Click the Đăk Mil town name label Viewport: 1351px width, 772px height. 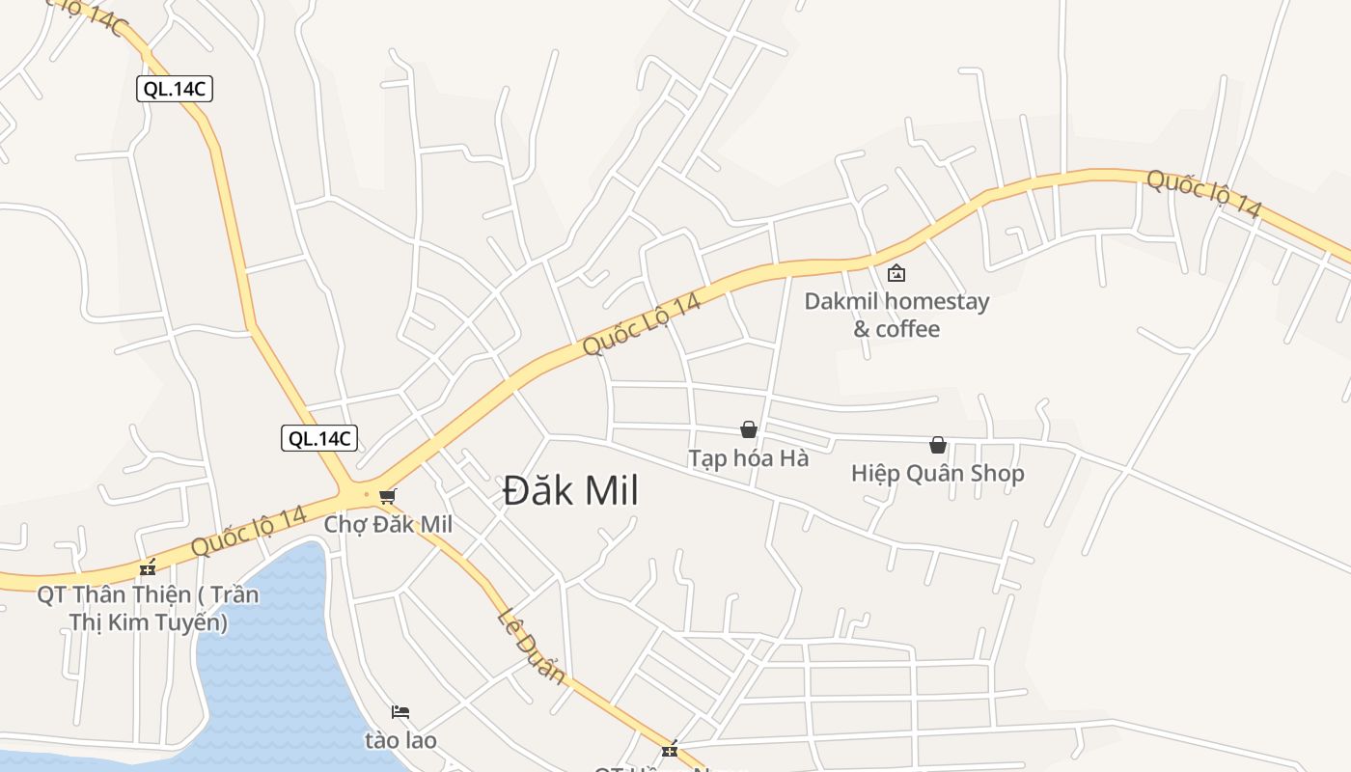click(570, 491)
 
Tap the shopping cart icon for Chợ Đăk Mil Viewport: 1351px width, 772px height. click(387, 496)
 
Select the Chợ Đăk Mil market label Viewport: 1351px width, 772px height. click(388, 524)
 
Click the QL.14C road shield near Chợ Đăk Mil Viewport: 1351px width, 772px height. click(319, 438)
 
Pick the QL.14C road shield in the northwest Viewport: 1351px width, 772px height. click(174, 89)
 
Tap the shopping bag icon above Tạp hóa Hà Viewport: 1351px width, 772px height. click(748, 429)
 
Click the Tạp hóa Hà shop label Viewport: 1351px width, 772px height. click(748, 457)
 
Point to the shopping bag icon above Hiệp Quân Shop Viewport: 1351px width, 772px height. click(937, 445)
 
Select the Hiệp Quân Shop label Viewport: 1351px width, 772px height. click(937, 473)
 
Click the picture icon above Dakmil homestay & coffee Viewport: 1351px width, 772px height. click(896, 273)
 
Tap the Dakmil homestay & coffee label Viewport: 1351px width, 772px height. click(896, 315)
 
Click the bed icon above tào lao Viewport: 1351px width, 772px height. click(400, 712)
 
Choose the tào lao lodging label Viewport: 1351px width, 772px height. click(400, 740)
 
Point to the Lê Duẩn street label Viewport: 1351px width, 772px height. click(532, 647)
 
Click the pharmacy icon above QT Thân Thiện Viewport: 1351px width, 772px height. click(148, 567)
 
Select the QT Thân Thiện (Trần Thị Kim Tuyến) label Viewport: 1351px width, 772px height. click(148, 608)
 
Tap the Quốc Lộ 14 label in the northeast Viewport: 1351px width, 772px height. click(1203, 193)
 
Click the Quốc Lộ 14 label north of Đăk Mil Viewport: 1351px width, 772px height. click(641, 325)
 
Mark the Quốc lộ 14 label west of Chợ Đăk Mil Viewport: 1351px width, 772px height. click(248, 532)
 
